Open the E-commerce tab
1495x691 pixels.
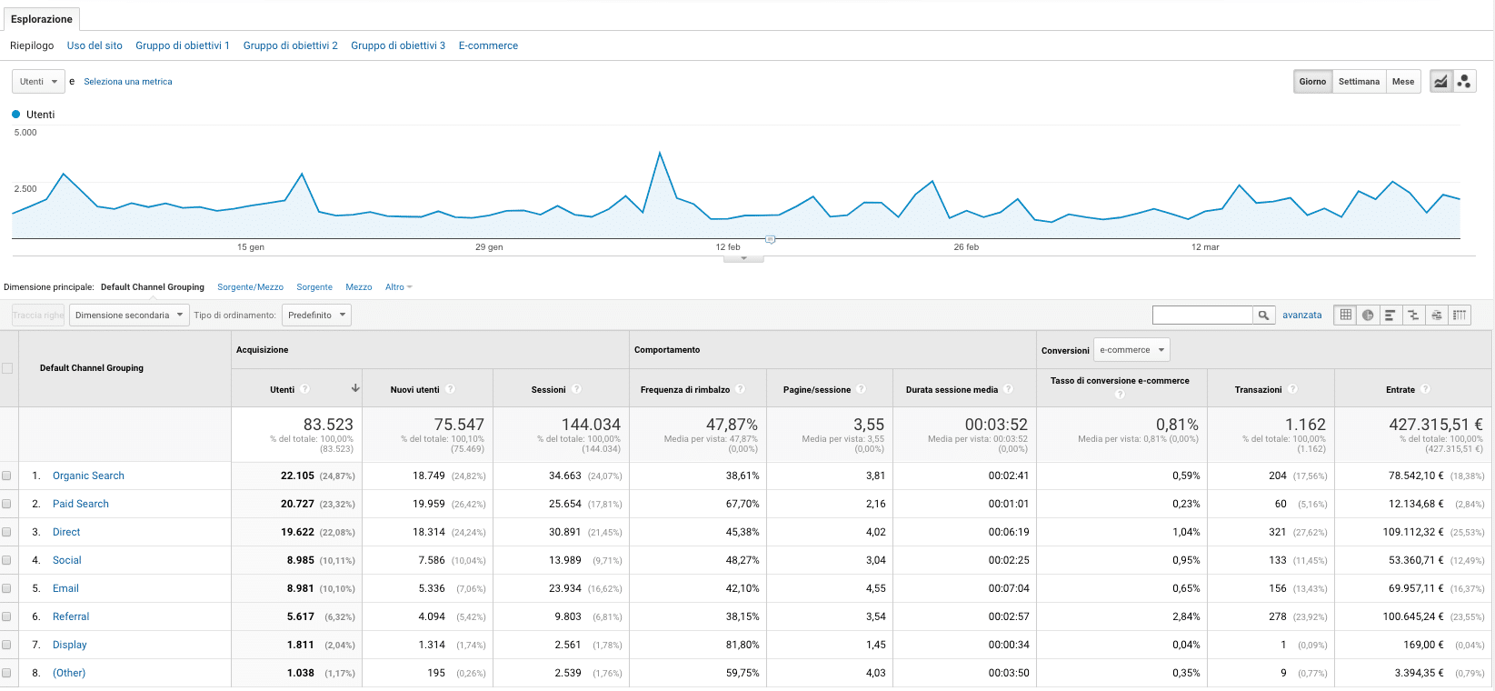click(488, 45)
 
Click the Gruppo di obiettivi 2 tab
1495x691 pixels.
click(290, 45)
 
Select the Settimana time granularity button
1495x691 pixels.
click(1359, 82)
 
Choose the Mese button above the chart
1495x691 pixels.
click(1402, 82)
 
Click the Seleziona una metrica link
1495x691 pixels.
click(128, 82)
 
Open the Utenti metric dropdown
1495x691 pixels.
click(38, 82)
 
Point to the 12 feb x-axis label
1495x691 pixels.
click(728, 247)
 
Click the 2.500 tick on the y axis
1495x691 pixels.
click(25, 189)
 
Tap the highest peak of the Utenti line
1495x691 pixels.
click(660, 153)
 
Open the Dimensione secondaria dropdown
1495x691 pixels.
click(129, 315)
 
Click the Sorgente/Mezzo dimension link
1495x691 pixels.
click(250, 287)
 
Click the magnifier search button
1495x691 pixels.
click(1263, 315)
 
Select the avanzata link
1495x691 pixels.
click(1301, 315)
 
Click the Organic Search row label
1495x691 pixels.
click(88, 476)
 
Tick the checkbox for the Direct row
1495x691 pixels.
click(7, 532)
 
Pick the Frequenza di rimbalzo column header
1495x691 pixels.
click(685, 390)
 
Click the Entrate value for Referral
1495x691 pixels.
click(1412, 616)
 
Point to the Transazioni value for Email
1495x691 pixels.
click(1277, 588)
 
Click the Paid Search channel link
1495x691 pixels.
click(80, 504)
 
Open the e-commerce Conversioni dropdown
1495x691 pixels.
click(1131, 350)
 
